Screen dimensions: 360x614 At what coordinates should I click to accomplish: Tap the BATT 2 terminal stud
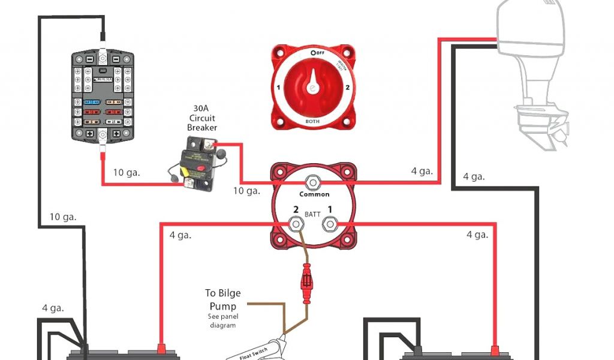point(296,224)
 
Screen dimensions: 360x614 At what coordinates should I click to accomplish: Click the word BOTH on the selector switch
point(312,121)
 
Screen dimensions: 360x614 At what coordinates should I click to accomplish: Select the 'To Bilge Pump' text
point(223,299)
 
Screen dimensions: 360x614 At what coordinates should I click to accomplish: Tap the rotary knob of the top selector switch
point(312,87)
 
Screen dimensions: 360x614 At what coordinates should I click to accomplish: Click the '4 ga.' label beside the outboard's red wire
point(422,171)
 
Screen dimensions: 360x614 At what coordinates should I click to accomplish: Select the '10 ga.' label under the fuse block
point(127,172)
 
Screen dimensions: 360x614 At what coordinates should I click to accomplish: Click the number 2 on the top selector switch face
point(348,87)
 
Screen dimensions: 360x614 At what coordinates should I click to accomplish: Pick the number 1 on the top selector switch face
point(278,87)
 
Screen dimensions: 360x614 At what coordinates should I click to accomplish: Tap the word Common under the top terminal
point(314,194)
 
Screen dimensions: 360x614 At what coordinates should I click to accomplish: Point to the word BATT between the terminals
point(312,214)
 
